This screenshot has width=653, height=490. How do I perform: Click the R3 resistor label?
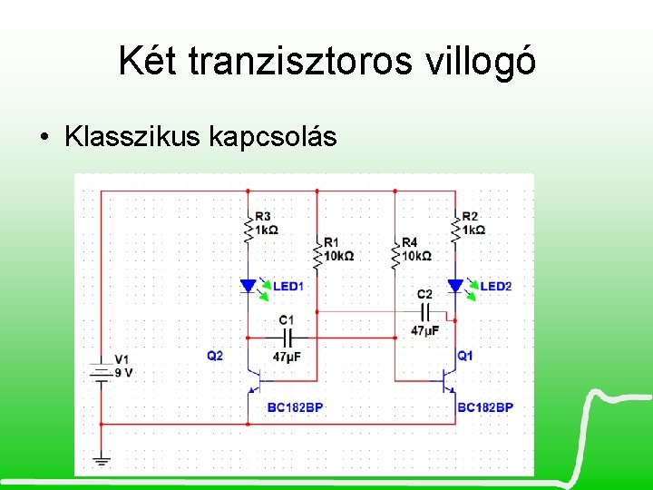(x=263, y=216)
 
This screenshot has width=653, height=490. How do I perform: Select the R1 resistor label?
(x=331, y=242)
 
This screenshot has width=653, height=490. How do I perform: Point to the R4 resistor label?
(x=409, y=242)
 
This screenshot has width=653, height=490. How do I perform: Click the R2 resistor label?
(x=469, y=216)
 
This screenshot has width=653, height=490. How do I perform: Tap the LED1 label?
(x=288, y=287)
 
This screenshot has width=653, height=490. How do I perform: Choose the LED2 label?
(x=495, y=287)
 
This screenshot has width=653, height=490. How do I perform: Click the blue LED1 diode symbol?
(x=248, y=287)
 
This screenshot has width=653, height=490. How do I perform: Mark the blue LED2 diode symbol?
(x=455, y=287)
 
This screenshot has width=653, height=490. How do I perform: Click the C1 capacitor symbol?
(x=287, y=337)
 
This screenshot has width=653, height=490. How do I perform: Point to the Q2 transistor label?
(x=214, y=356)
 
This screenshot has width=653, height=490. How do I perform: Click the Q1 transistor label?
(x=465, y=356)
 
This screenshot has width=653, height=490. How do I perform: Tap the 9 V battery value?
(x=124, y=373)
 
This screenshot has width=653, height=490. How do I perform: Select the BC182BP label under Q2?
(x=295, y=407)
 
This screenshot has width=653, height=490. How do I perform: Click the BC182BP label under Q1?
(x=485, y=407)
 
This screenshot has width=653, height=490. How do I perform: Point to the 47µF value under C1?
(x=287, y=358)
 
